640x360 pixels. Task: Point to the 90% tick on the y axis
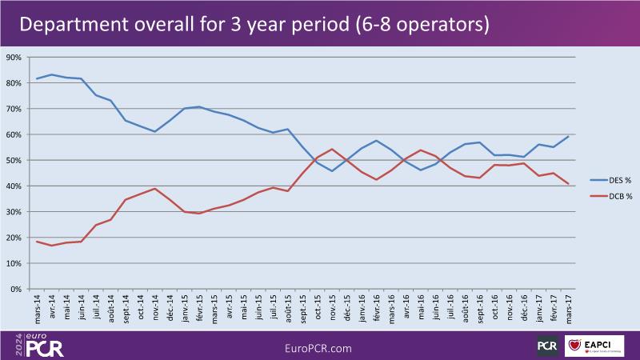14,58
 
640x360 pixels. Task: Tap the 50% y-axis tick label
14,160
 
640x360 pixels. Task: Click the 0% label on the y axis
16,289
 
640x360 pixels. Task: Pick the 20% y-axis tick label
14,238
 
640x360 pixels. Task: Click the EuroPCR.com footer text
319,348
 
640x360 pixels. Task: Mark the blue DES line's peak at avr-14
52,74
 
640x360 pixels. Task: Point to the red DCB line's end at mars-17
568,184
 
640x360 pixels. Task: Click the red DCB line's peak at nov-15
332,149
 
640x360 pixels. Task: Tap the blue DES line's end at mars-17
568,136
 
